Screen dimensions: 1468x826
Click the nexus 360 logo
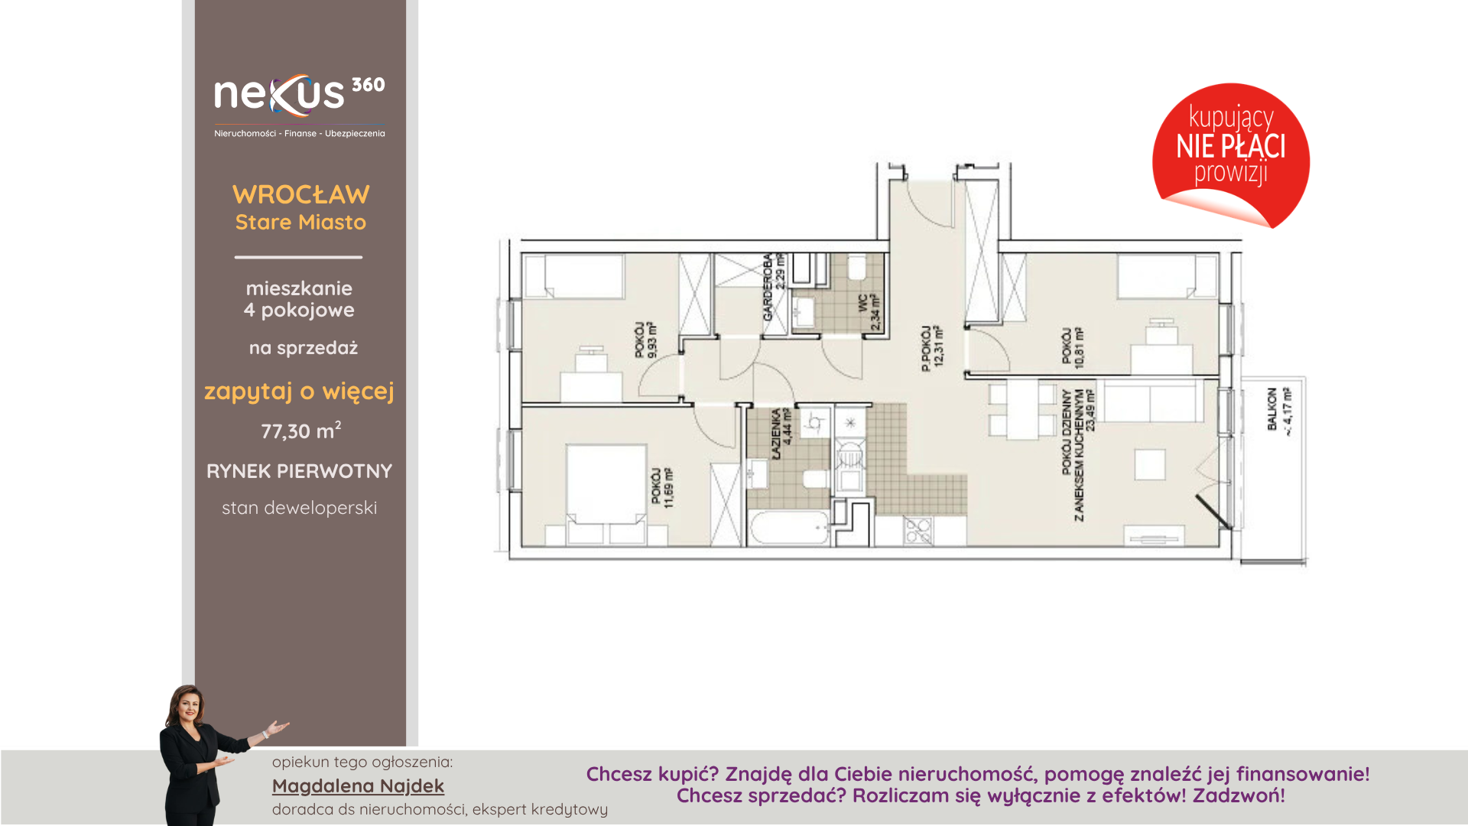pos(300,106)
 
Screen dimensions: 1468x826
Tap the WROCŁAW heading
pos(301,194)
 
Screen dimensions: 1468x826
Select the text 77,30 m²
pos(301,431)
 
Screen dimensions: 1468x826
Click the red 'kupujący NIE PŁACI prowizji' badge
pos(1231,155)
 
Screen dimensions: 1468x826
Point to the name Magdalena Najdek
pos(358,785)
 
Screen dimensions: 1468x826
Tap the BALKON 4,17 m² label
pos(1279,411)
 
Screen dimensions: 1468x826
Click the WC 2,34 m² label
pos(869,312)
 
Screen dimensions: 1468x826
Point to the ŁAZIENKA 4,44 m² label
pos(781,433)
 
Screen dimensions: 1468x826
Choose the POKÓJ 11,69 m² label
pos(662,487)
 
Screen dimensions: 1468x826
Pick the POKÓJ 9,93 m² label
pos(645,340)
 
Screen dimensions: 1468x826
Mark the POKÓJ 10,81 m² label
pos(1072,348)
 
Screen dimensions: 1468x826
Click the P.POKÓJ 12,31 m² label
pos(932,348)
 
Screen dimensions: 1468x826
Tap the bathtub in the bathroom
pos(790,528)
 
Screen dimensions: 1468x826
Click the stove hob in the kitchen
pos(918,531)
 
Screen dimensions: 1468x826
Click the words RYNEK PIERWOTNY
pos(300,471)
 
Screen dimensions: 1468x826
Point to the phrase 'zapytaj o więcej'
pos(299,392)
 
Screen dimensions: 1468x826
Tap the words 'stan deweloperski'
pos(300,508)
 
